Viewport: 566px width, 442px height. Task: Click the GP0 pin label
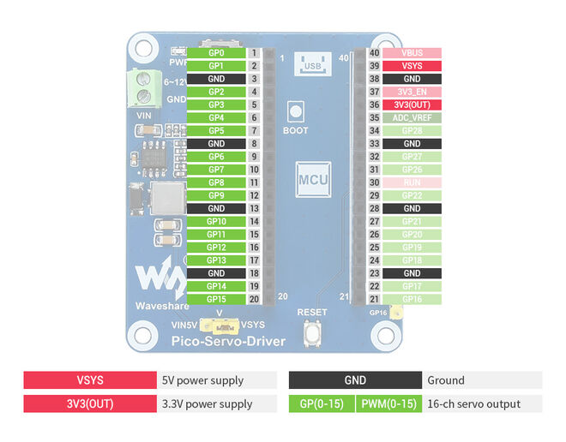click(x=216, y=53)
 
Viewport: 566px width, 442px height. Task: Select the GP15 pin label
click(x=216, y=299)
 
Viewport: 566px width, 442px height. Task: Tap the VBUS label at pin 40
click(x=412, y=53)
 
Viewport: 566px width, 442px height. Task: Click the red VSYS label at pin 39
click(x=412, y=66)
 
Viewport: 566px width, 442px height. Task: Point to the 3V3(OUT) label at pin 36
click(x=412, y=105)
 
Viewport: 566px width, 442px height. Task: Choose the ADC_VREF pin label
click(x=412, y=117)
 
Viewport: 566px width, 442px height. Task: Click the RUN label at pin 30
click(x=412, y=182)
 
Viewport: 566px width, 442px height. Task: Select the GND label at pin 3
click(x=216, y=79)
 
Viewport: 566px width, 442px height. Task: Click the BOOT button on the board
click(x=296, y=112)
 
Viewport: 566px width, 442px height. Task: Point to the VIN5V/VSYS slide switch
click(x=220, y=326)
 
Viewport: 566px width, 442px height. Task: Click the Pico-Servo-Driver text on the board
click(x=228, y=342)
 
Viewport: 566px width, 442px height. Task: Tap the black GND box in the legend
click(x=354, y=380)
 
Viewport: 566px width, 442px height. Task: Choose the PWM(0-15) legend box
click(x=388, y=403)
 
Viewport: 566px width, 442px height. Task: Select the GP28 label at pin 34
click(x=412, y=130)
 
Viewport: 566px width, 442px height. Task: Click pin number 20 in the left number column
click(x=254, y=299)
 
